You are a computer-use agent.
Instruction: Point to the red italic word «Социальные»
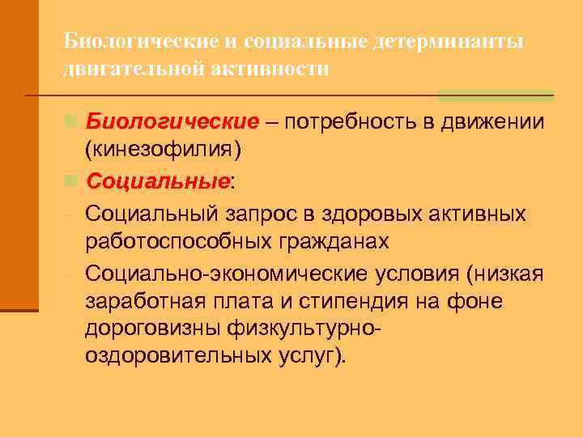coord(157,184)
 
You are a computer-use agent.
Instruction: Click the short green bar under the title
coord(495,95)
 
